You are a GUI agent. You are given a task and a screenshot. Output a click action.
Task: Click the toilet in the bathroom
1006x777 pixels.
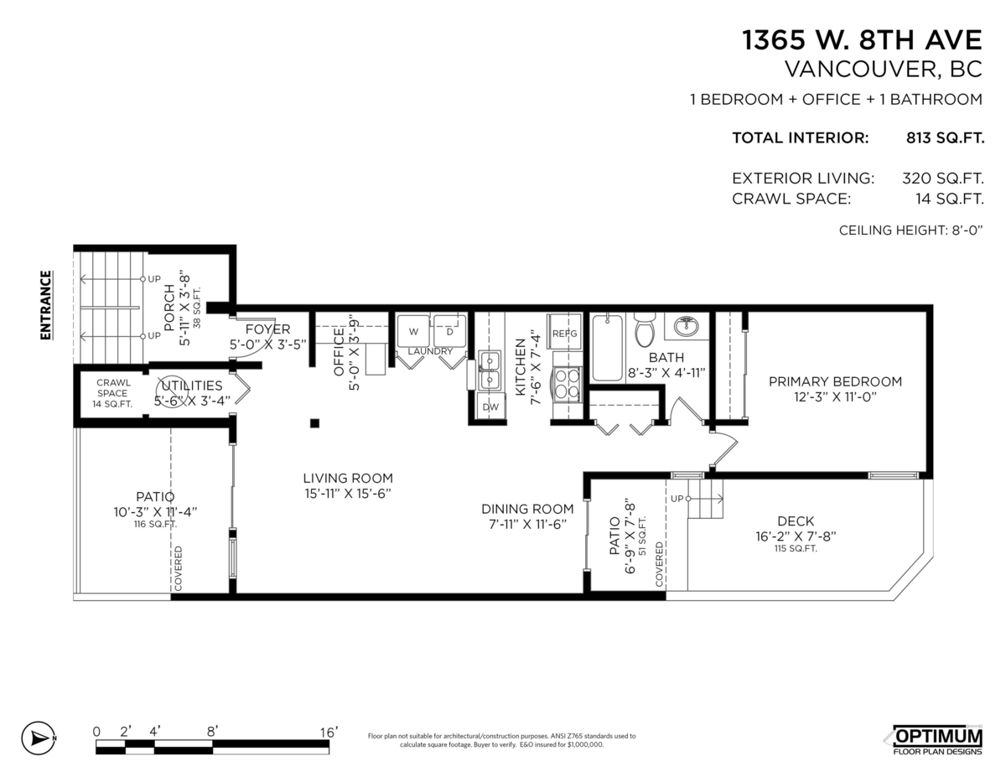(x=645, y=329)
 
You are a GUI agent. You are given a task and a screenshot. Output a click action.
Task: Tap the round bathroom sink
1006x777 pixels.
(x=687, y=326)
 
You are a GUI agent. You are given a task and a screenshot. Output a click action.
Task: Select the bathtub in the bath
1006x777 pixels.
(x=607, y=348)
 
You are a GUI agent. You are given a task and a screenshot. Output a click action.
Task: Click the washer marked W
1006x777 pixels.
(x=413, y=330)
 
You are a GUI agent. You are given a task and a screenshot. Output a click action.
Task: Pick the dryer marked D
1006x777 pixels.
(x=449, y=330)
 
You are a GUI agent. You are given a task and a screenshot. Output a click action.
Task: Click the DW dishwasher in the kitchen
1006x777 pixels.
(x=490, y=406)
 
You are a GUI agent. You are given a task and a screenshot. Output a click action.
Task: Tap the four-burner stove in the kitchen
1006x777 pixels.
(x=567, y=383)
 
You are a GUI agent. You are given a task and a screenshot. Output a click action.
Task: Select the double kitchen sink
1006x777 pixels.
(x=489, y=370)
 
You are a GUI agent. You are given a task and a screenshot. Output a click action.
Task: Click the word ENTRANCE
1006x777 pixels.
(x=46, y=305)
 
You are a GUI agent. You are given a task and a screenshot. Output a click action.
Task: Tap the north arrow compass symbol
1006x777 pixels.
(x=39, y=739)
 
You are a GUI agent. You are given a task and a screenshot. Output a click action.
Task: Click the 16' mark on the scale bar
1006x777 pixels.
(x=329, y=732)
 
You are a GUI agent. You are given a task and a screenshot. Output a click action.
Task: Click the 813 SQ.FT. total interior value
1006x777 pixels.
(x=945, y=138)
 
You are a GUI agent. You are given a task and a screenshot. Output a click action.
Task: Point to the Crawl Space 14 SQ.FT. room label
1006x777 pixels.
(x=112, y=393)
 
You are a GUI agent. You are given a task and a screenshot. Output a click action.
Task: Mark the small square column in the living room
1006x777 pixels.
(x=315, y=423)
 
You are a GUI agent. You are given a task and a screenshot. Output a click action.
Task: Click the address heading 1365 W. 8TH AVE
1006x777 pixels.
(x=862, y=40)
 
